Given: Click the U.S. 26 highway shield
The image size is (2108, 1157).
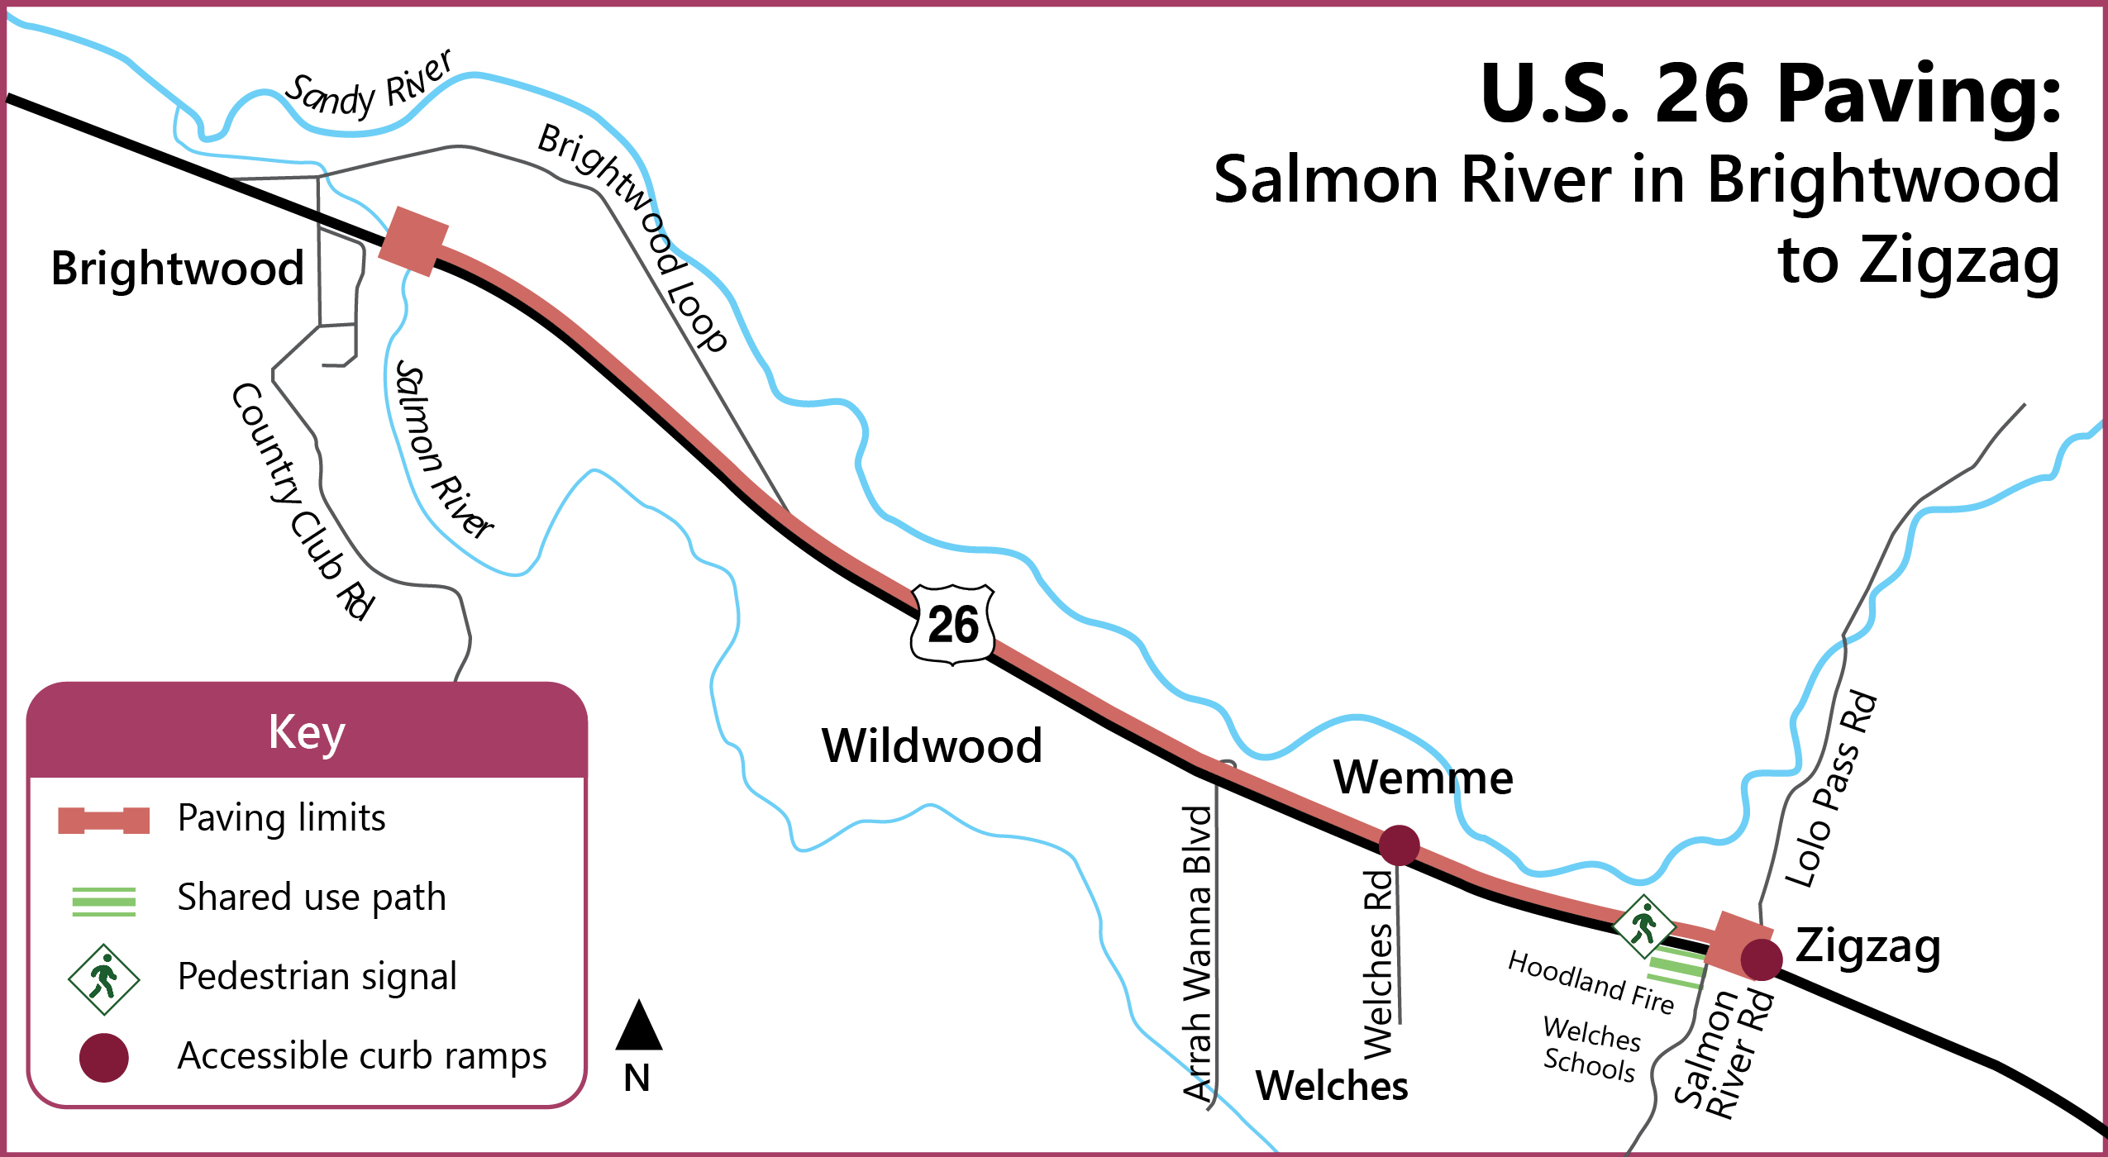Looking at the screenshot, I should coord(952,625).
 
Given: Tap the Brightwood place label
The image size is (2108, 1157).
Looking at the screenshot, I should coord(178,269).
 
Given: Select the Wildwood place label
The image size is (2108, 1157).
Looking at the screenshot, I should coord(932,745).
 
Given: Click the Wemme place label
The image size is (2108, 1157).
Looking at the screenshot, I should coord(1423,778).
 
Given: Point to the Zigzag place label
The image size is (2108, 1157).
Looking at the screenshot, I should coord(1867,946).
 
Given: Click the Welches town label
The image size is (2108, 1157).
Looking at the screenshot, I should coord(1331,1086).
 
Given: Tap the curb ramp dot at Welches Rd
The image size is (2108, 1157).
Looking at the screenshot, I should coord(1399,845).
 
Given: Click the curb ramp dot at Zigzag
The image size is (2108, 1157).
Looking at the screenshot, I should coord(1761,959).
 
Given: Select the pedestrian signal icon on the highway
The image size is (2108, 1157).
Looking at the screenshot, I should coord(1643,926).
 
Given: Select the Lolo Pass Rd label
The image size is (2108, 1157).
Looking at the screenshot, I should coord(1831,789).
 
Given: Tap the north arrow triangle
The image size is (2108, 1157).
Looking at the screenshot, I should coord(638,1027).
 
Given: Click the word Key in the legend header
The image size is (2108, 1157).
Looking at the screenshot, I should coord(307,732).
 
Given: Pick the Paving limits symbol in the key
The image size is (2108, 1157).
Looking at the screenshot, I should coord(104,821).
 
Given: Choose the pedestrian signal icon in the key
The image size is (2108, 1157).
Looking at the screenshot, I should coord(104,979).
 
